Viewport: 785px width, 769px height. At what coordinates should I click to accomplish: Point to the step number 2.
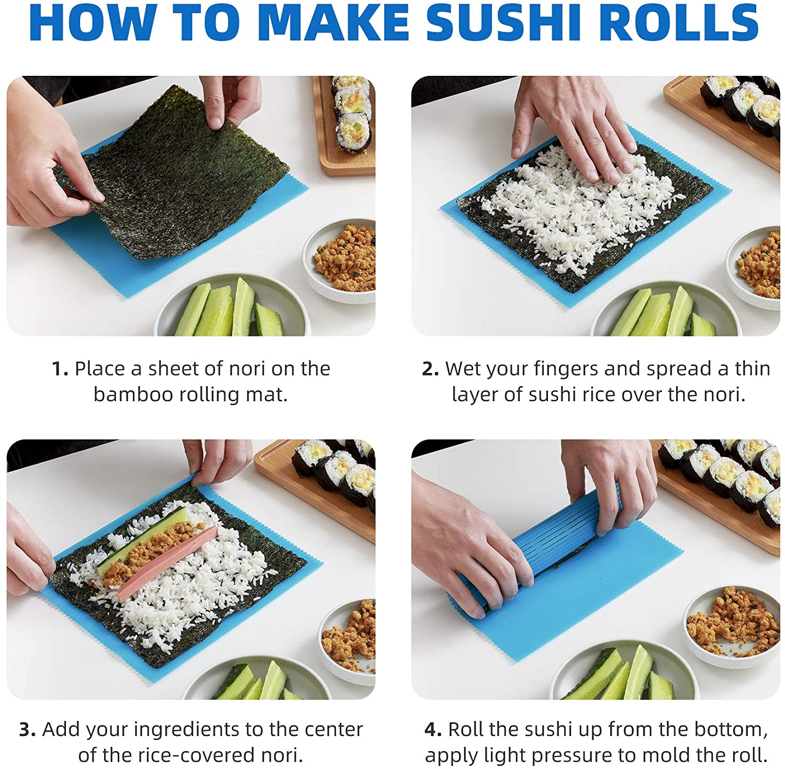click(x=430, y=369)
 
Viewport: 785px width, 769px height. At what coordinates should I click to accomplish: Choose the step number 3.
click(x=27, y=730)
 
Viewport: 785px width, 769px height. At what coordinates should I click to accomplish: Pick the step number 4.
click(x=433, y=730)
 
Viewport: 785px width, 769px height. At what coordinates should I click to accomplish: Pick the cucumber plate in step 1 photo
click(x=230, y=309)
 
